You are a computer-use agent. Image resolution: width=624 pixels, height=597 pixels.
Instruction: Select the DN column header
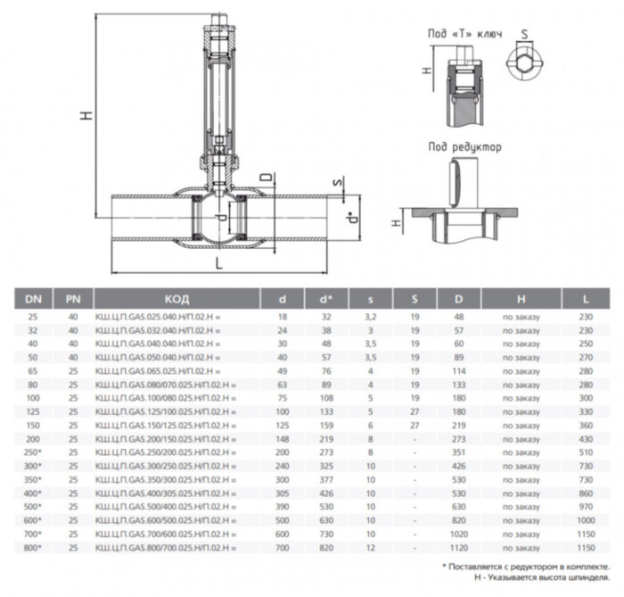tap(32, 299)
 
